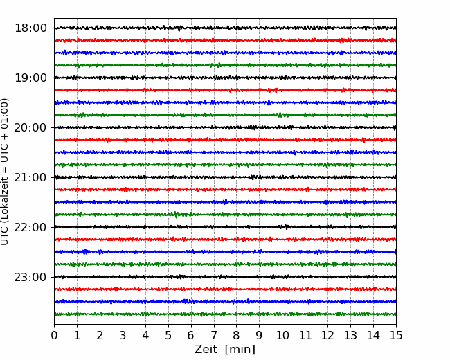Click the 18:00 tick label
30,28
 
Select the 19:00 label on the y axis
30,78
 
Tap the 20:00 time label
30,127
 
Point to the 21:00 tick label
30,177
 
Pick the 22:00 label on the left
30,227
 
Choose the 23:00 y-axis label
30,277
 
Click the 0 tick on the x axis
54,335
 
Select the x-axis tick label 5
168,335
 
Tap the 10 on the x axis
282,335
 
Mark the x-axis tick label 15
396,335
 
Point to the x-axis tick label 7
214,335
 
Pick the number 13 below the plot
350,335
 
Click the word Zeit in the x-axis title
206,349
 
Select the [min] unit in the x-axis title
240,350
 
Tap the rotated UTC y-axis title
4,172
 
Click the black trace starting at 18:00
225,28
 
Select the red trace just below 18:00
225,40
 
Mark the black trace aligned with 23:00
225,277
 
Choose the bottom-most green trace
225,314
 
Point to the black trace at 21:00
225,177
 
